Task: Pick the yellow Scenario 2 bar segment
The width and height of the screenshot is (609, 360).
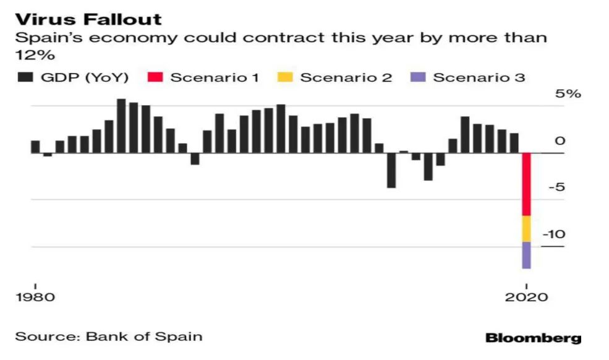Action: [x=526, y=229]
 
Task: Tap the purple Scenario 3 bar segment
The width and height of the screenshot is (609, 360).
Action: [x=526, y=255]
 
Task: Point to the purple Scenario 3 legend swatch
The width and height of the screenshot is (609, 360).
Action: [x=419, y=77]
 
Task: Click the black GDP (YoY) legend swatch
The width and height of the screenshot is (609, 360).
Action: [x=25, y=77]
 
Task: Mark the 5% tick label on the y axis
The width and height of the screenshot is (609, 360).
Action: [x=568, y=95]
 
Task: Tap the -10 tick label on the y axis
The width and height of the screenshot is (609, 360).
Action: [x=555, y=235]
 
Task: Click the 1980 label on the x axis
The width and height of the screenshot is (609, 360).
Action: [x=35, y=297]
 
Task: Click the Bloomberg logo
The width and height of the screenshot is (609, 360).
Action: [x=533, y=338]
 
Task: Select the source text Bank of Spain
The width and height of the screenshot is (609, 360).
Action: [x=144, y=336]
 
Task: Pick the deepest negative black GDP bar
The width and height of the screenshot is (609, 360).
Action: [x=391, y=170]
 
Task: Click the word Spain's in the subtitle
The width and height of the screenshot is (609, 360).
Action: [x=41, y=38]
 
